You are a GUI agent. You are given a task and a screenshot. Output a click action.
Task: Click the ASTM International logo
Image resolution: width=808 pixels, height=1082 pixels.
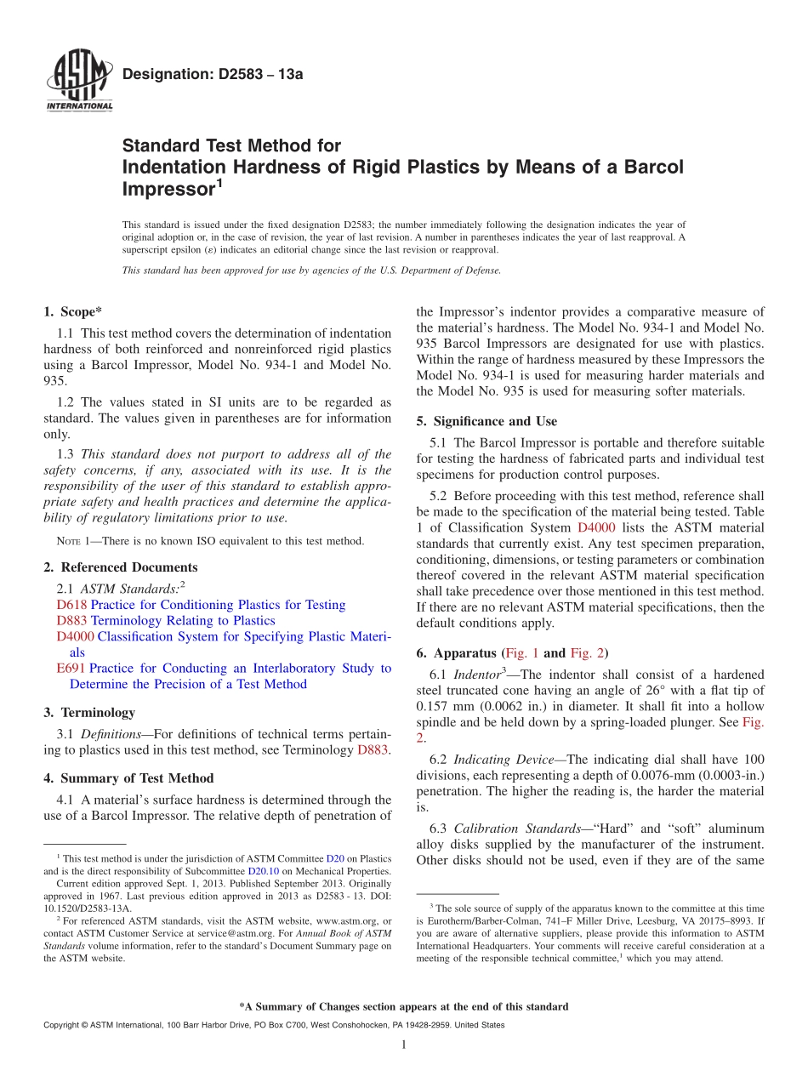78,81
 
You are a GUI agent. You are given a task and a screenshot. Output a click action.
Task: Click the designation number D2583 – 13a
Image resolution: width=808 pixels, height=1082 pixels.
213,75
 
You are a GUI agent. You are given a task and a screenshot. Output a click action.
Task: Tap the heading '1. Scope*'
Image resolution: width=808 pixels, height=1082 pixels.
73,312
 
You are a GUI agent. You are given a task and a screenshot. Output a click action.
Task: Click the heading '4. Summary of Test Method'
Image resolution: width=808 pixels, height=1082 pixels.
128,778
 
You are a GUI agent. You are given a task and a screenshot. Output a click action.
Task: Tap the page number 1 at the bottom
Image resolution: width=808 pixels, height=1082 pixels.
404,1045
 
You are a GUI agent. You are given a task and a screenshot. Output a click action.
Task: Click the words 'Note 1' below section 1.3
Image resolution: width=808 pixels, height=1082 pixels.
71,541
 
